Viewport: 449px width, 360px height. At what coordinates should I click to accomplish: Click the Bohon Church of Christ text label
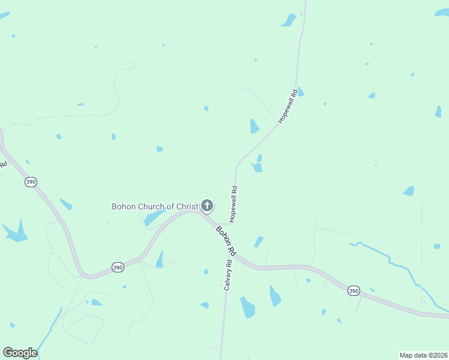click(155, 206)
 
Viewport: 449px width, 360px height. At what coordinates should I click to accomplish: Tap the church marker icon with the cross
click(206, 206)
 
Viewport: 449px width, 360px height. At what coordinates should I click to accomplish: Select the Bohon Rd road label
click(226, 239)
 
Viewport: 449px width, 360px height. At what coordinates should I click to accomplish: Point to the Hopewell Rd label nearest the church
click(233, 204)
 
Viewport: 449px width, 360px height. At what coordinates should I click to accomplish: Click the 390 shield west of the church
click(31, 182)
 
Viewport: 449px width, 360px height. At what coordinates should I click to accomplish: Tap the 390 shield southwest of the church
click(118, 267)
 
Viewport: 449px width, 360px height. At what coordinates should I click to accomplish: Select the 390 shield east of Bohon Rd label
click(354, 290)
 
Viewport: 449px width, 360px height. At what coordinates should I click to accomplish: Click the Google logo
click(20, 353)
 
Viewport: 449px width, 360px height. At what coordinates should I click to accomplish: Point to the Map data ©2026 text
click(423, 355)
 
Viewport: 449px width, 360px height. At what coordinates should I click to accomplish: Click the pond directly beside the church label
click(154, 217)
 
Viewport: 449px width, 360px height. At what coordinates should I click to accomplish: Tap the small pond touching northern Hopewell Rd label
click(300, 92)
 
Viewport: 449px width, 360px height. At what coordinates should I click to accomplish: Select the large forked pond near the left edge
click(16, 232)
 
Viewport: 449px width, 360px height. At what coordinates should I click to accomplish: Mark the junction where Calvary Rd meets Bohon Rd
click(232, 254)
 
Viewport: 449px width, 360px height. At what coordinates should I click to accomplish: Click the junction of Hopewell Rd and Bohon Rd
click(230, 224)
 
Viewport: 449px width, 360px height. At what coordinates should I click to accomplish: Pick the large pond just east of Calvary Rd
click(247, 307)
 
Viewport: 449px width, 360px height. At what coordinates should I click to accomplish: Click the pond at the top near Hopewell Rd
click(289, 20)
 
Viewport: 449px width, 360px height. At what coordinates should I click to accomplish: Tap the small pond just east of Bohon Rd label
click(259, 242)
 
